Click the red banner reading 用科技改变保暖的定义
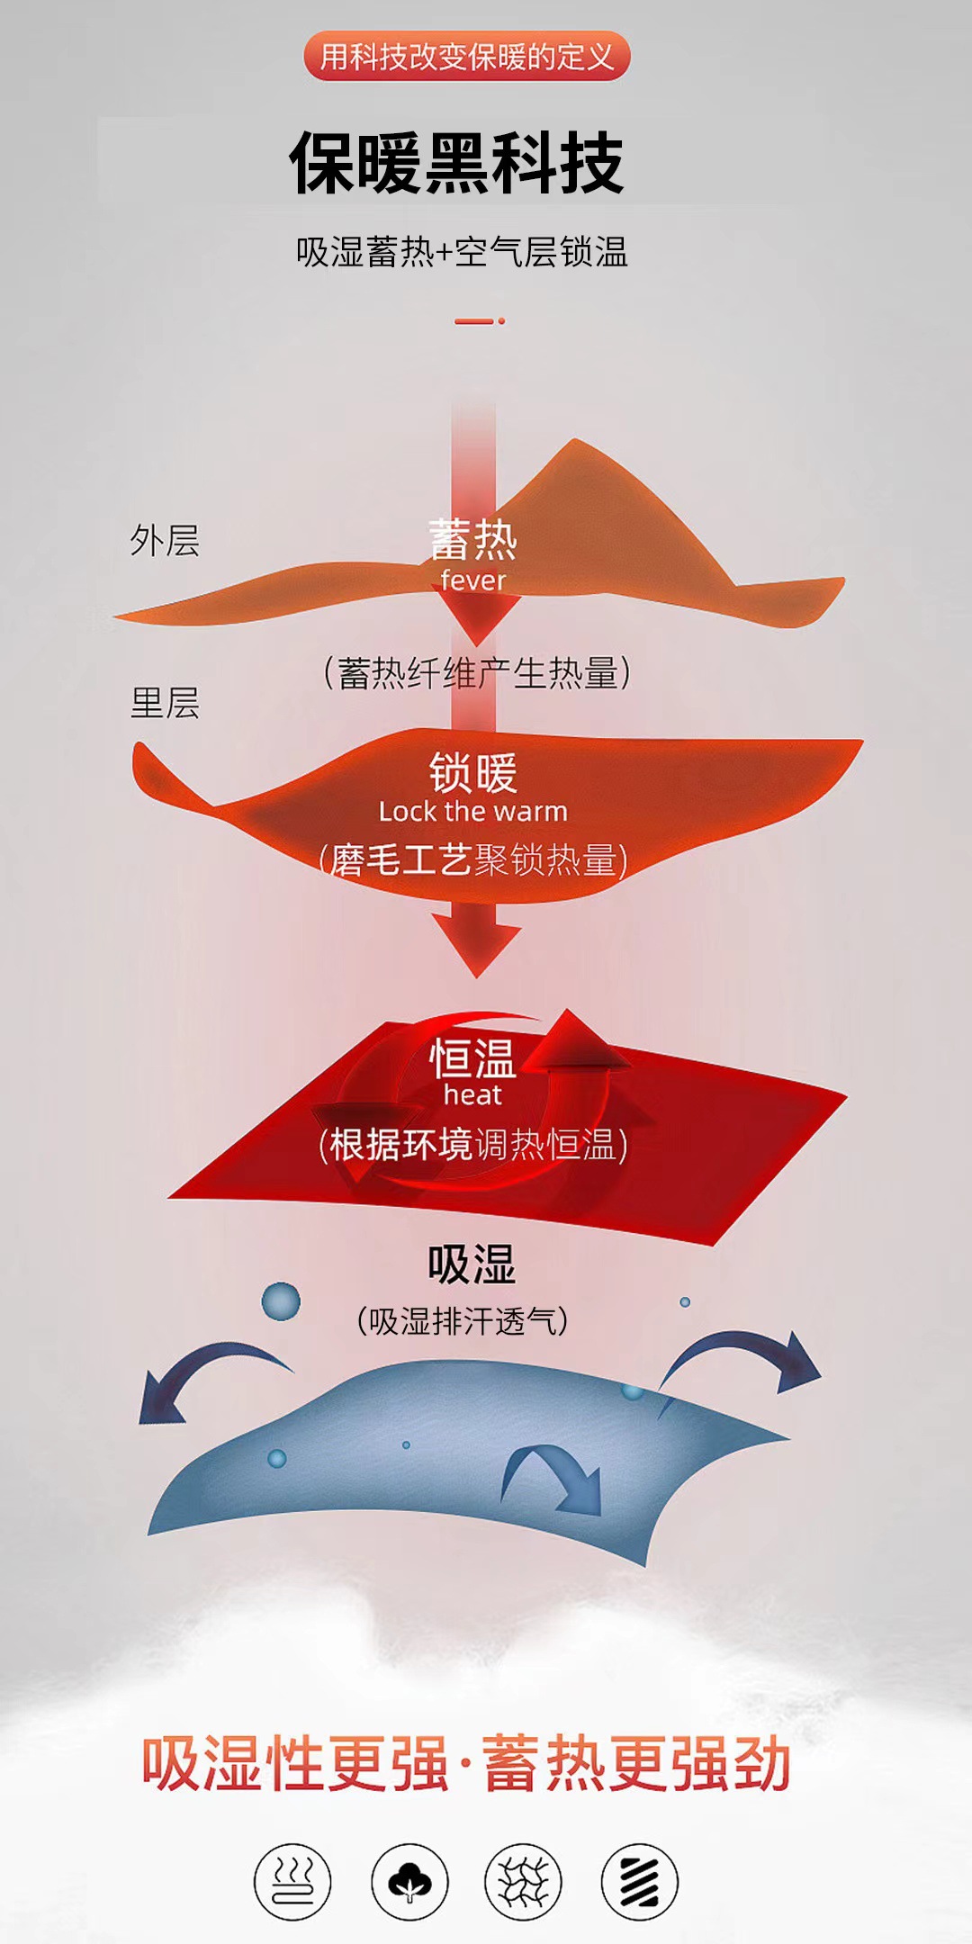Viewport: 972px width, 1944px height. tap(467, 57)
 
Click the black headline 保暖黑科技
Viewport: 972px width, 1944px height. tap(456, 164)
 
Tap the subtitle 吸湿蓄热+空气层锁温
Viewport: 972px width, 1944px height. tap(462, 252)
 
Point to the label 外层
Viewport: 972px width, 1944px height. tap(165, 541)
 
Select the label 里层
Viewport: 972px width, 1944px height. tap(165, 703)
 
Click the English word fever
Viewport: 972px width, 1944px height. tap(473, 580)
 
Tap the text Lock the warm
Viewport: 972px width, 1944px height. tap(473, 812)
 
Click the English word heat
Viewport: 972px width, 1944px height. tap(473, 1095)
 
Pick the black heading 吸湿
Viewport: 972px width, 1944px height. tap(472, 1264)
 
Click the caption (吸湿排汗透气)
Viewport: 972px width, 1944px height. tap(463, 1321)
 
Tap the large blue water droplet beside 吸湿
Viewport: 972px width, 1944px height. tap(281, 1301)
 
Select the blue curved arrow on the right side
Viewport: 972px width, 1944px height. tap(747, 1359)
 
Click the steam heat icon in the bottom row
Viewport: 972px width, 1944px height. tap(292, 1882)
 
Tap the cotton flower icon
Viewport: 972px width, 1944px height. tap(409, 1882)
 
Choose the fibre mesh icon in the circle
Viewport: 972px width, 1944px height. tap(523, 1882)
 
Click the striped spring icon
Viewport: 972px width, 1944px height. tap(639, 1882)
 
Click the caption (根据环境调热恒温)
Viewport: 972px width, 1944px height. tap(473, 1146)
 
